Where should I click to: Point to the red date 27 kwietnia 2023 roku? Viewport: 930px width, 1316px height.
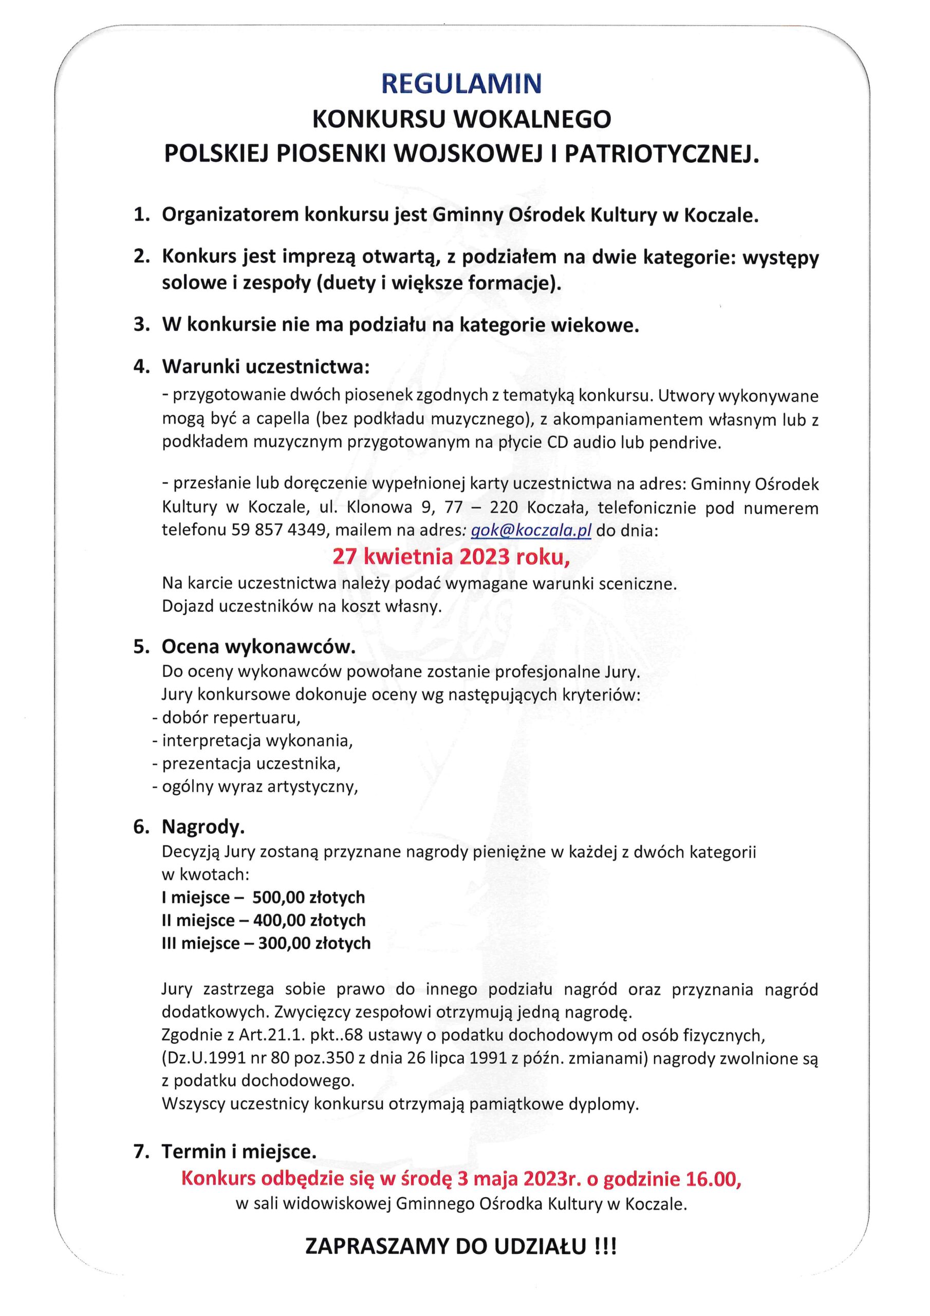click(451, 557)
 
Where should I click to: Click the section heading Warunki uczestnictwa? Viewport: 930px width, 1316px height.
click(265, 367)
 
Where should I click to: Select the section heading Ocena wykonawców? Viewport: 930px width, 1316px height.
click(258, 647)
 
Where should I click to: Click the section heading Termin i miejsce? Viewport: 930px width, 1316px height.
click(238, 1151)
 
